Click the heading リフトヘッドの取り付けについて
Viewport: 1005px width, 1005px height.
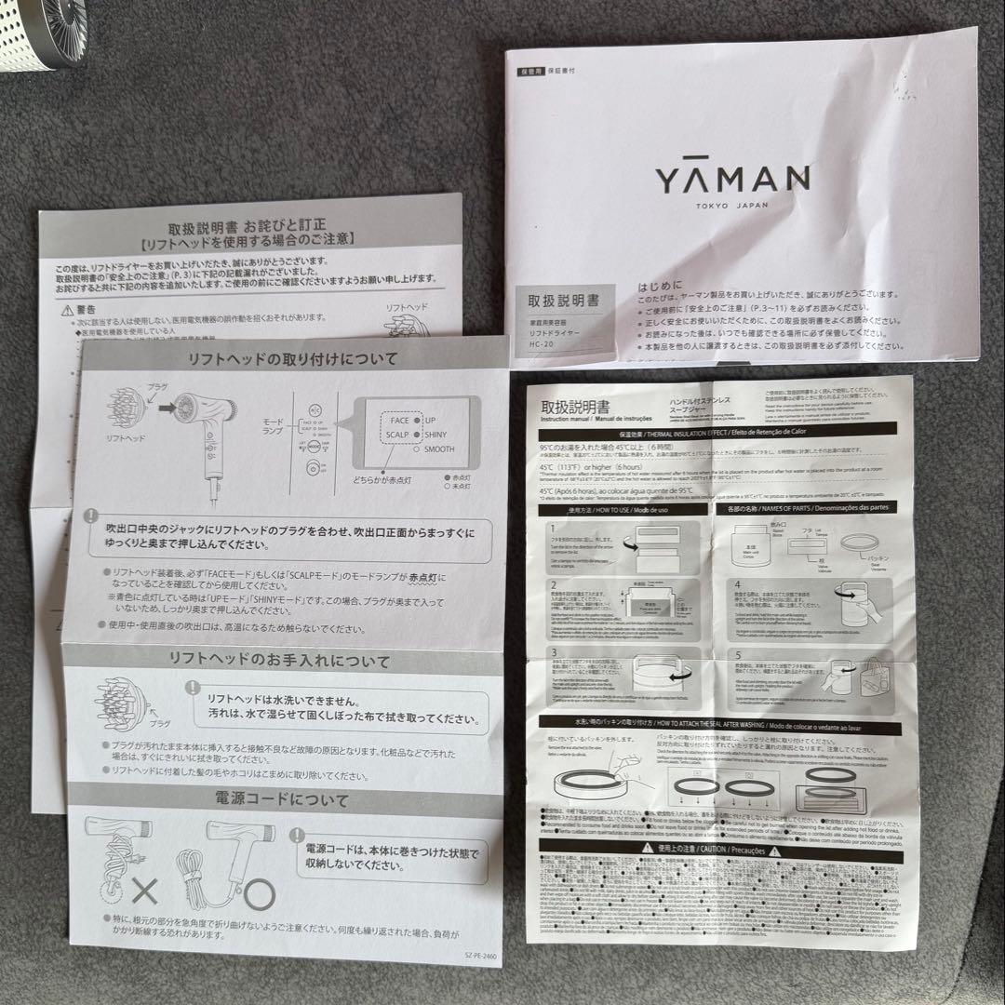tap(292, 358)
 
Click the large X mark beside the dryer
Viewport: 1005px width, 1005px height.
tap(144, 893)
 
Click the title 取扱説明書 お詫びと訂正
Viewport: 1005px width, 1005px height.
tap(249, 226)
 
